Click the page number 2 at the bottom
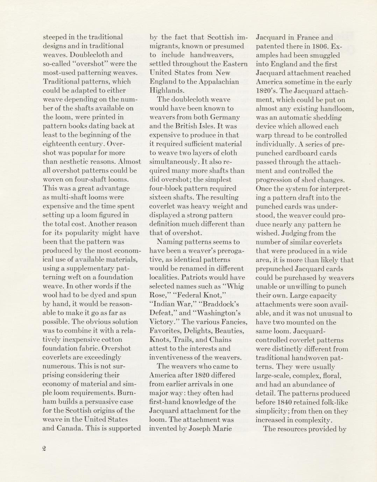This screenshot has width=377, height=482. click(44, 449)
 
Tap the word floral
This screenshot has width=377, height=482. click(332, 376)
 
